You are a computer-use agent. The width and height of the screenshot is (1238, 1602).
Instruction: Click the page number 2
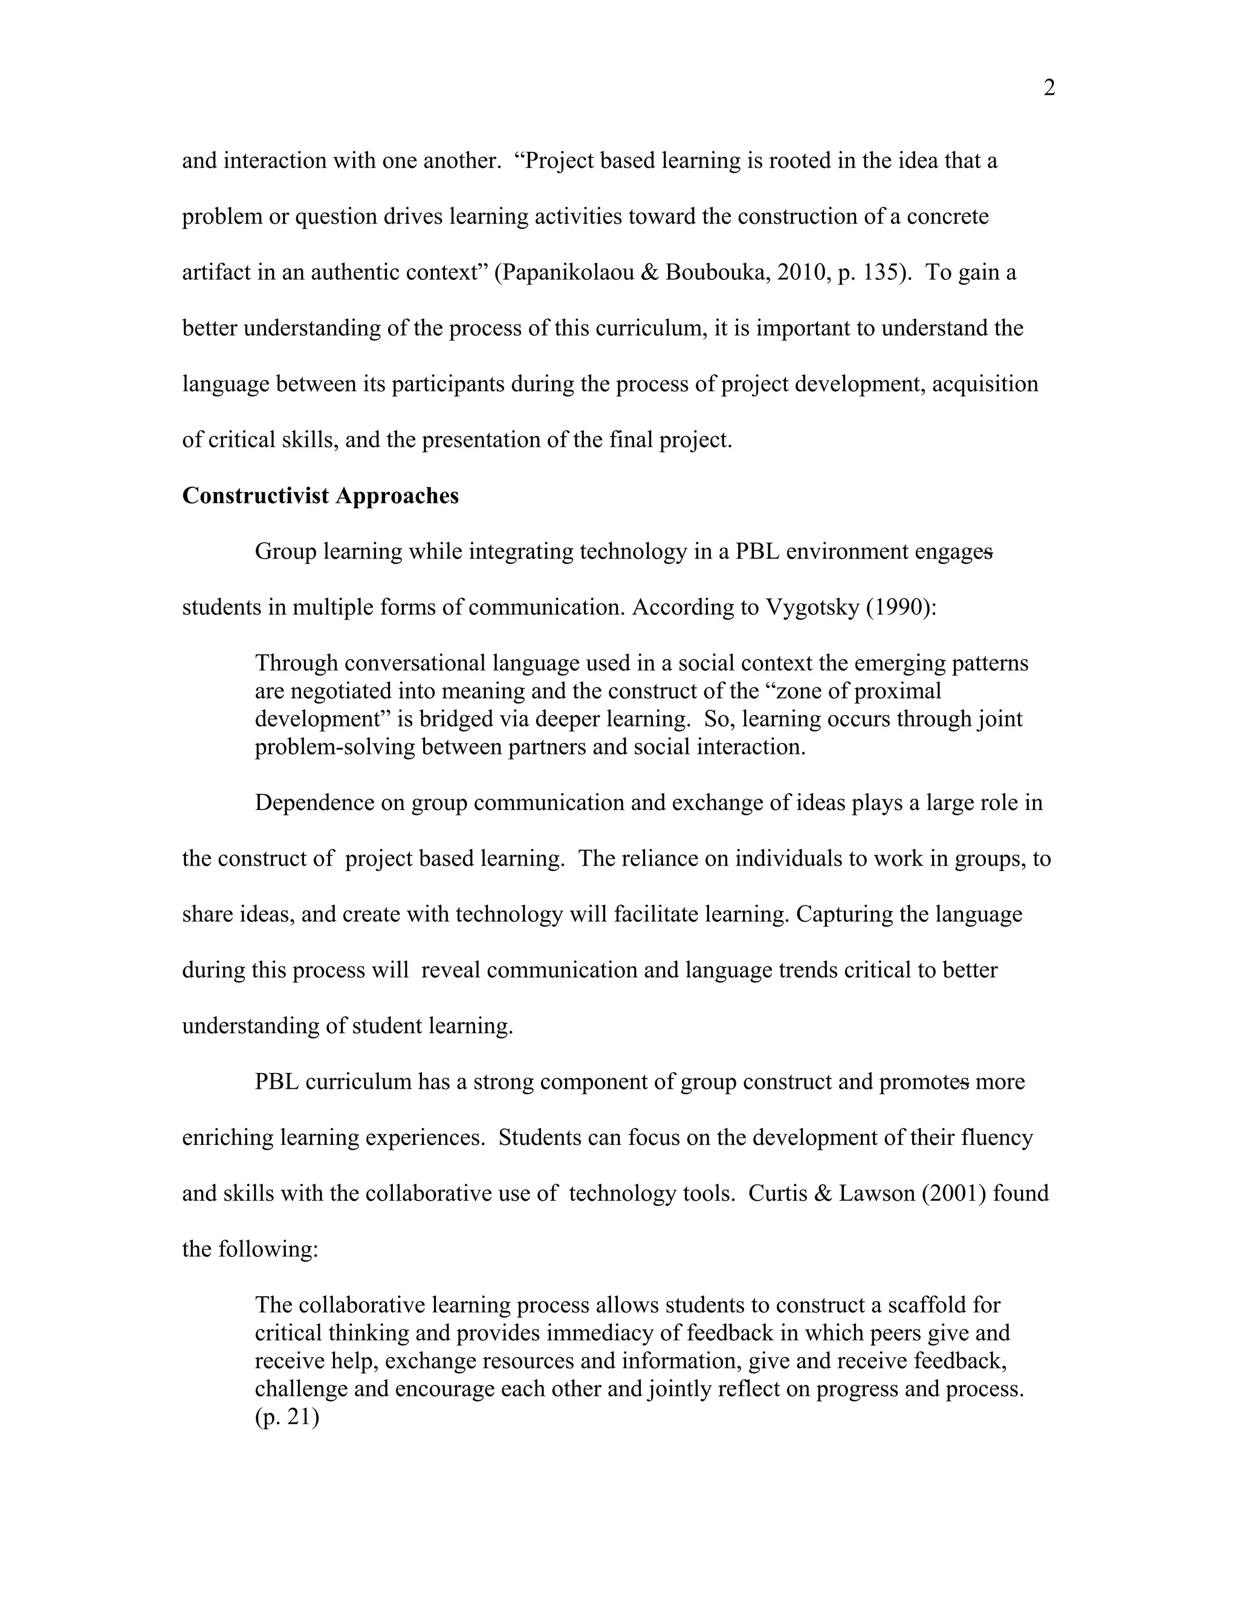[x=1049, y=88]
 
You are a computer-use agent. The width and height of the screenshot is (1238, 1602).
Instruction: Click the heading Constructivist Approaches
[x=320, y=496]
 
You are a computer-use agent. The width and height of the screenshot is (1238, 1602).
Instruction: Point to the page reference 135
[x=878, y=272]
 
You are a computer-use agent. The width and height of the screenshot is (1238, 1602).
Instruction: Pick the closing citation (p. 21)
[x=287, y=1416]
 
